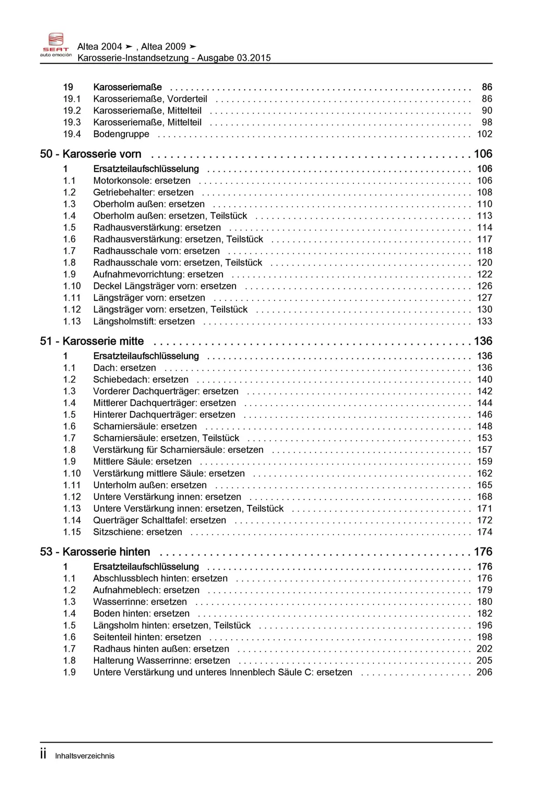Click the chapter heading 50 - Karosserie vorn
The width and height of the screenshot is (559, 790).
click(91, 154)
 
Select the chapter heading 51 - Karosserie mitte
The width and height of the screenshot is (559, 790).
click(92, 341)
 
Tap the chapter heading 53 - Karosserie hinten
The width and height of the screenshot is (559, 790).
click(95, 552)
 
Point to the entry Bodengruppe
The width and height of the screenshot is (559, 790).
click(121, 134)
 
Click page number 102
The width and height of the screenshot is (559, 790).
click(484, 134)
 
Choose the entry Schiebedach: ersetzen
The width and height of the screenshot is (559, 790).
click(140, 379)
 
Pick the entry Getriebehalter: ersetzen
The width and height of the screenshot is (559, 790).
click(143, 192)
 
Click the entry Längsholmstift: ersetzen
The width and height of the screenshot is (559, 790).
click(144, 321)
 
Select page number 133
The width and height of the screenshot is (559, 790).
click(484, 321)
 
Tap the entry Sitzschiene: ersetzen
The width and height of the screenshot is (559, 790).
click(137, 532)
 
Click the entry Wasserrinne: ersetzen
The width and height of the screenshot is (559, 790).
click(140, 602)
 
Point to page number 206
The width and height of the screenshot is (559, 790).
click(484, 672)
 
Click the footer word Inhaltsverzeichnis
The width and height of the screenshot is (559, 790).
click(85, 756)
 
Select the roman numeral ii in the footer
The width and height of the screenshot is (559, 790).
click(43, 754)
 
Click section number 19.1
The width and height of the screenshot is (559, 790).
click(72, 99)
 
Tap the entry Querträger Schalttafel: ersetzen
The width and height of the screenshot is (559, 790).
click(159, 520)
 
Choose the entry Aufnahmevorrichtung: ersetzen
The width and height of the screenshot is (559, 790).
click(158, 274)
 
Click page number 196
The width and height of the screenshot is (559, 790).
click(484, 625)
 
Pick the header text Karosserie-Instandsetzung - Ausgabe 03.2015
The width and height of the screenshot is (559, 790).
click(174, 58)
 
